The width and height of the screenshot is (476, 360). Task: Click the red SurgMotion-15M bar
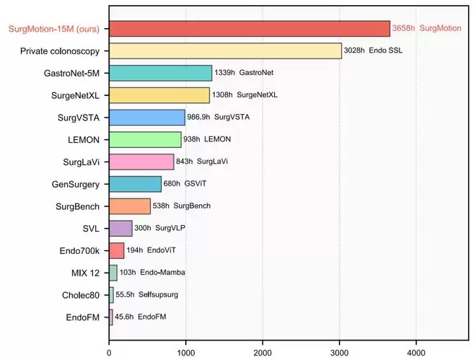[x=250, y=29]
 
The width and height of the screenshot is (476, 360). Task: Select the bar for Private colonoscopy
[x=225, y=51]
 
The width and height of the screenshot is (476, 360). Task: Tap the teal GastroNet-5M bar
[x=161, y=73]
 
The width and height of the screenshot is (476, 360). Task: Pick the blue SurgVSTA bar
[x=147, y=118]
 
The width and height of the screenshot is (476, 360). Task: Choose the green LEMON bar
[x=145, y=140]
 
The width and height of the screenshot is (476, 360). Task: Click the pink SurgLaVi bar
[x=141, y=162]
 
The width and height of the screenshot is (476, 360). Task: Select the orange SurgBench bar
[x=130, y=206]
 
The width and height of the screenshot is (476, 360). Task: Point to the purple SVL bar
[x=121, y=228]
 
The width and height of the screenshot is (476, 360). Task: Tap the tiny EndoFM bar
[x=111, y=317]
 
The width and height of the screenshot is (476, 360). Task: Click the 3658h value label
[x=403, y=28]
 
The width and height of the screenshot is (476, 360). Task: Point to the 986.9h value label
[x=198, y=117]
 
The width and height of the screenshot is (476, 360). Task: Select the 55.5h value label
[x=125, y=294]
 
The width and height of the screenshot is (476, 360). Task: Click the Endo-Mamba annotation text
[x=162, y=272]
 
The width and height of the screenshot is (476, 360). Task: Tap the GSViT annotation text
[x=195, y=183]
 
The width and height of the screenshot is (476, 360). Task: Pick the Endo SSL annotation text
[x=386, y=51]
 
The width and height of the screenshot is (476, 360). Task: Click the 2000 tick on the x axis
[x=263, y=353]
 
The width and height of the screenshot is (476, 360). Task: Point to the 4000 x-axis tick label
[x=416, y=353]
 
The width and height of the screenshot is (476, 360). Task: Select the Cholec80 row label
[x=81, y=295]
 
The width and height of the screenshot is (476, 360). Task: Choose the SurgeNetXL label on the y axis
[x=75, y=95]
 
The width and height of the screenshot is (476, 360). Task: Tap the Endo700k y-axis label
[x=79, y=251]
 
